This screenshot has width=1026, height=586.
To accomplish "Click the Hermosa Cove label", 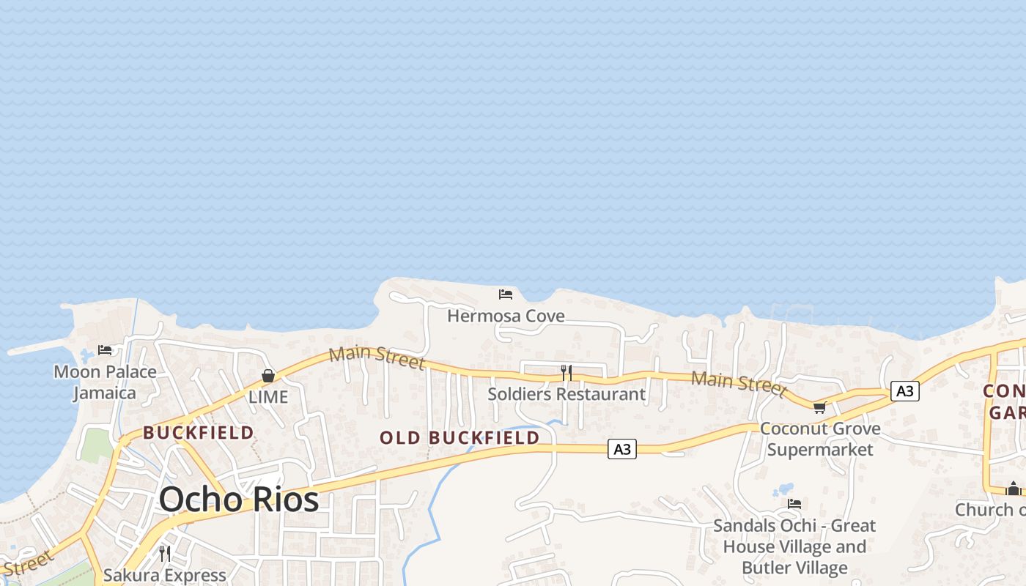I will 506,316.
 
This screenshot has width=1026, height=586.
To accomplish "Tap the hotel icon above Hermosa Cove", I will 506,294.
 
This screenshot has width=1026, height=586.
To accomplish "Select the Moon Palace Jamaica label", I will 106,382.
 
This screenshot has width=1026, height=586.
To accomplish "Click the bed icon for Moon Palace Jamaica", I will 105,350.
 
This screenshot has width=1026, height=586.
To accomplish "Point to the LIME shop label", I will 267,397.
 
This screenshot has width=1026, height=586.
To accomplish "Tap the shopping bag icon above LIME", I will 268,376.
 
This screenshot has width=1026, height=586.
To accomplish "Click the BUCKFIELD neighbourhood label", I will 199,432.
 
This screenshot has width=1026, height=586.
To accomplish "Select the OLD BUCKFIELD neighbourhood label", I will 460,438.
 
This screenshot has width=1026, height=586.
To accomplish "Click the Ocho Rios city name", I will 239,500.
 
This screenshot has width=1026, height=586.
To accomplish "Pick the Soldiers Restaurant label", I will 566,394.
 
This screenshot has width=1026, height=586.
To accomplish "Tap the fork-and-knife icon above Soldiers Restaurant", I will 566,373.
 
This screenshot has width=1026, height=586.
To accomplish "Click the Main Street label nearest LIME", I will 377,357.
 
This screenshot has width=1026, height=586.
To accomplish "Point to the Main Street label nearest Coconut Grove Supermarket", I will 739,382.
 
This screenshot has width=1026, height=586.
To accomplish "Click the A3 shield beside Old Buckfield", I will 621,449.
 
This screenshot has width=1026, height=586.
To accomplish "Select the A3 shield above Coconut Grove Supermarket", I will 905,391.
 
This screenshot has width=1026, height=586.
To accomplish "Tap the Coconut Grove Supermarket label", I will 820,438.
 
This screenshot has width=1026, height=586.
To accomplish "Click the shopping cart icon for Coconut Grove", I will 819,407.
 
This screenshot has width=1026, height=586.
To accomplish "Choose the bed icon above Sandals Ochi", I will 794,504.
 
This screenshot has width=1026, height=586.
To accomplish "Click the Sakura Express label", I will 165,575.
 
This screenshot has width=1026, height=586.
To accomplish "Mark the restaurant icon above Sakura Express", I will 165,553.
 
